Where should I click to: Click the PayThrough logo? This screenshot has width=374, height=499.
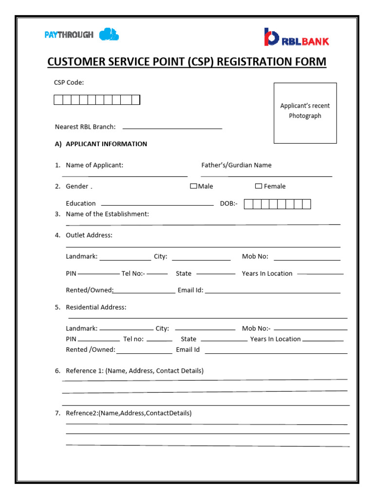click(x=81, y=35)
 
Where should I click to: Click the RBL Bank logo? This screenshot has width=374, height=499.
click(x=296, y=38)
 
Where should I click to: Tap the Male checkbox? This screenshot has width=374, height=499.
click(x=193, y=186)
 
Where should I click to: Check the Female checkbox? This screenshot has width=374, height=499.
click(x=259, y=186)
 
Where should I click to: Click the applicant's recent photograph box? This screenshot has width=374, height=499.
click(x=305, y=113)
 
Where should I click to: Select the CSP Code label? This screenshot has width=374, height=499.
click(x=69, y=82)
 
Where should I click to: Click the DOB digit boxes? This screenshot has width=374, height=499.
click(x=277, y=204)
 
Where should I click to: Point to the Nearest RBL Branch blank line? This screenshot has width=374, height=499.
click(x=172, y=128)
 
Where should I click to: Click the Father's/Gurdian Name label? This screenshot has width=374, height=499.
click(x=236, y=165)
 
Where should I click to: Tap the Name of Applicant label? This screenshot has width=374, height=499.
click(x=94, y=165)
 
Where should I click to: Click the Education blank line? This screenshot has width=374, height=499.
click(x=157, y=205)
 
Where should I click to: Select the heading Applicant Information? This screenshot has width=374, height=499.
click(x=106, y=144)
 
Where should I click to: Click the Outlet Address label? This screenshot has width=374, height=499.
click(x=89, y=235)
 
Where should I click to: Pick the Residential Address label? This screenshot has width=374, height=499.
click(x=96, y=307)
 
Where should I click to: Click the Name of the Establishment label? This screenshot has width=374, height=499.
click(x=107, y=214)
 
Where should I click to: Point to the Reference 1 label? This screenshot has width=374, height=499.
click(x=134, y=371)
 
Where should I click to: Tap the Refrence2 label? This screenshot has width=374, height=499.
click(x=129, y=413)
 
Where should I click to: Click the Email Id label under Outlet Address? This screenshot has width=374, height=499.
click(x=190, y=290)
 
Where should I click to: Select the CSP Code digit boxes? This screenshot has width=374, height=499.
click(x=97, y=100)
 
